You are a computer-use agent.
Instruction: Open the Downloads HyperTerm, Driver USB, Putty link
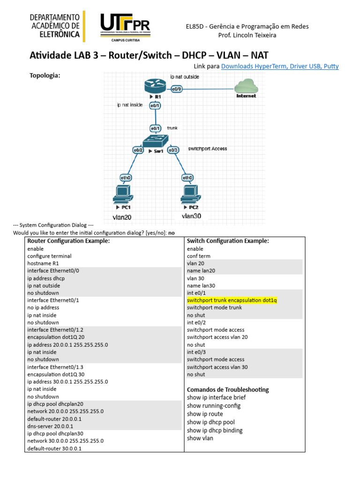coord(279,67)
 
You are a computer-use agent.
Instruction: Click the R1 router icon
coord(155,87)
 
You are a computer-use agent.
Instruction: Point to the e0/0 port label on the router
coord(177,89)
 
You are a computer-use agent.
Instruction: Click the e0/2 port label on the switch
coord(138,150)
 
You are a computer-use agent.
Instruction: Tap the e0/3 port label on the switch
coord(173,150)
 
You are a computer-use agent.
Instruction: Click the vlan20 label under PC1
coord(122,217)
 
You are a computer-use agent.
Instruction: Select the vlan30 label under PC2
coord(192,216)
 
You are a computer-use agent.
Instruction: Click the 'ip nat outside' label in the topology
coord(185,76)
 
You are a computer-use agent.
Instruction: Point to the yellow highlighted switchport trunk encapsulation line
coord(232,300)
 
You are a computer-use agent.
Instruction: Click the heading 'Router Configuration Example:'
coord(68,241)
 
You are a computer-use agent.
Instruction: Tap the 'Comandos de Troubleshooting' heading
coord(228,390)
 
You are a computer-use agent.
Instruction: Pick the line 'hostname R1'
coord(44,263)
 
